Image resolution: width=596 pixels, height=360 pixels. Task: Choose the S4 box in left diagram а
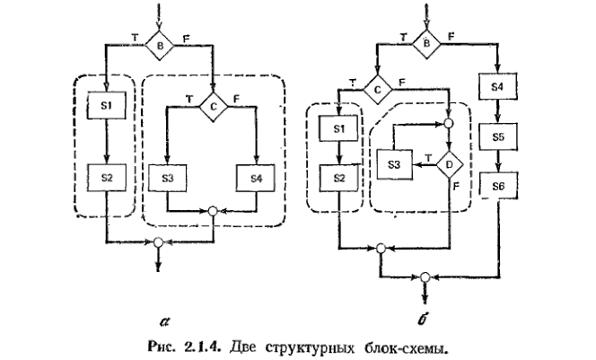(257, 177)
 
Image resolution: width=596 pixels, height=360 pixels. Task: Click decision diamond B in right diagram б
(425, 41)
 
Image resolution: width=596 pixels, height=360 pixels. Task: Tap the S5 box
(499, 138)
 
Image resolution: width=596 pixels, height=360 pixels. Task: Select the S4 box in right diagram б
(499, 88)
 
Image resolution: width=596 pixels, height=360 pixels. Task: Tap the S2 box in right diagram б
(338, 179)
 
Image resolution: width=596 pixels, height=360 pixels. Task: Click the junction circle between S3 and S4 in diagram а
(213, 213)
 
